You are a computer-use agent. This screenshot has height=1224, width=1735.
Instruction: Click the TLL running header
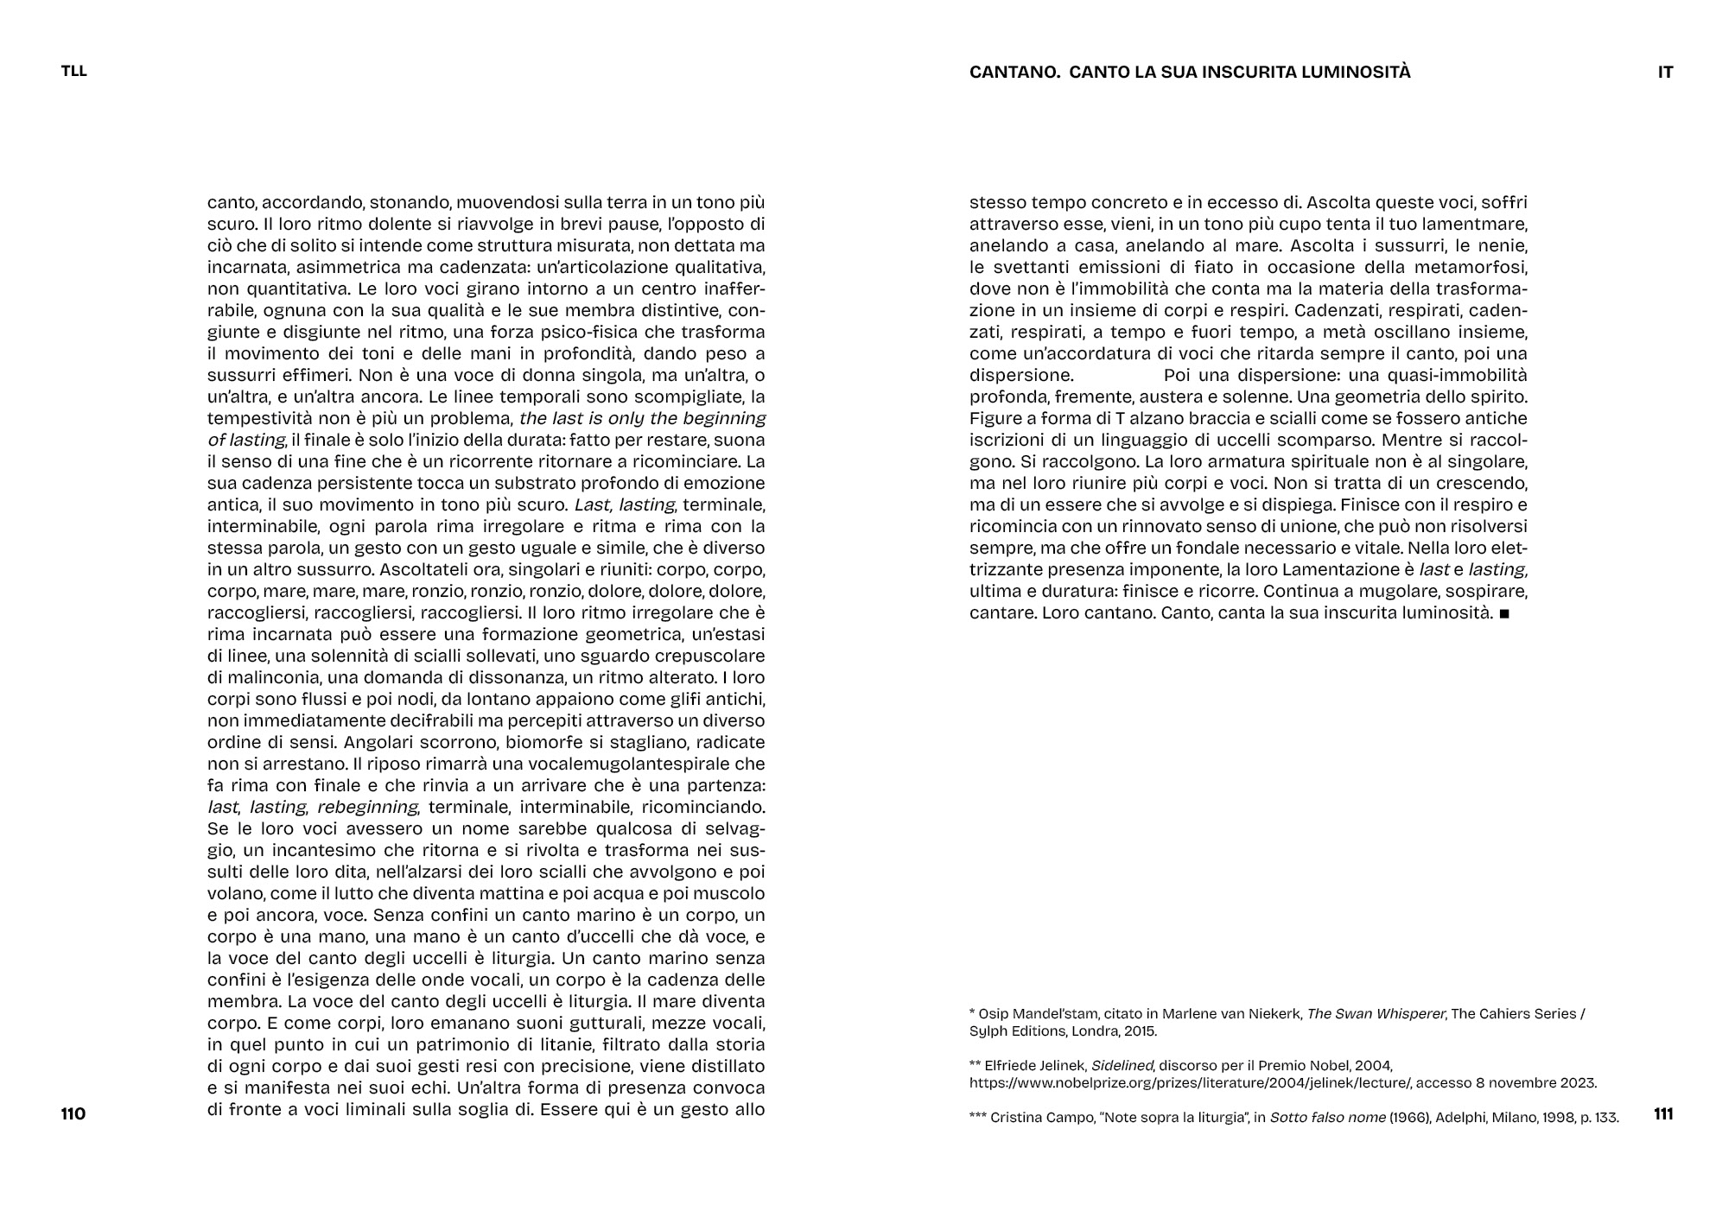coord(74,72)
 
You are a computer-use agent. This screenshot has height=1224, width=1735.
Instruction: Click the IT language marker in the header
coord(1665,73)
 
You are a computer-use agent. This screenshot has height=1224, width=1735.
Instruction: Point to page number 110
coord(73,1113)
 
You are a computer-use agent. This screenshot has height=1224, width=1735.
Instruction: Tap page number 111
coord(1663,1113)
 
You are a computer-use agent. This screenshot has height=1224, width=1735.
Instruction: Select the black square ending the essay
coord(1504,614)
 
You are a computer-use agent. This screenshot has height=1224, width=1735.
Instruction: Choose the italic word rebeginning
coord(367,807)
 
